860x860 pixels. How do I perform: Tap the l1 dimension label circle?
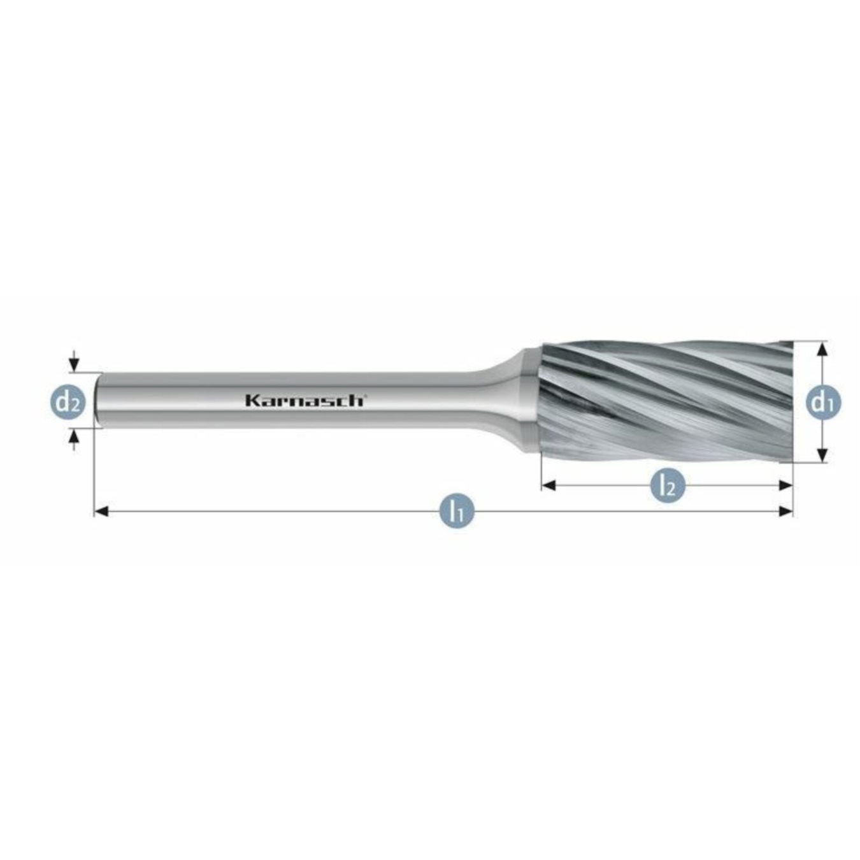tap(457, 511)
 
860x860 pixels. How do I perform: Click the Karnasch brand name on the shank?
tap(305, 401)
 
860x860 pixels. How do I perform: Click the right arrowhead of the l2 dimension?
tap(787, 486)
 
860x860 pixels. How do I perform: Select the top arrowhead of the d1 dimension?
tap(822, 348)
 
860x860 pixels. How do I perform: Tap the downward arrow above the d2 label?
tap(75, 364)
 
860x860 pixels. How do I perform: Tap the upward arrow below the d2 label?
tap(75, 436)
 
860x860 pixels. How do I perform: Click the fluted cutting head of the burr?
tap(663, 401)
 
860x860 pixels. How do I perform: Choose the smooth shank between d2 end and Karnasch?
tap(172, 400)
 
